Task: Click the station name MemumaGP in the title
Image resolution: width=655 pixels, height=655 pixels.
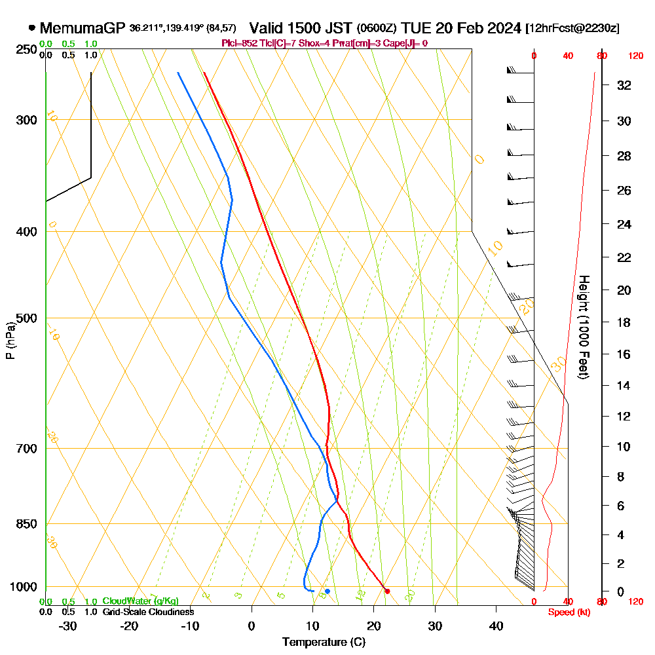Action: (82, 28)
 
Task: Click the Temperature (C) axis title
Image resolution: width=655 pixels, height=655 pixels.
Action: (324, 642)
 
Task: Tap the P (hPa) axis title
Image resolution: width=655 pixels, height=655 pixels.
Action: (10, 340)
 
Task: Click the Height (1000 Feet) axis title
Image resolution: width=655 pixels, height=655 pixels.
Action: (583, 327)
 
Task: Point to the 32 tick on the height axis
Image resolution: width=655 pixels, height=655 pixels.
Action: (624, 85)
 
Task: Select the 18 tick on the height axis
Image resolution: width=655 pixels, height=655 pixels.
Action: (624, 322)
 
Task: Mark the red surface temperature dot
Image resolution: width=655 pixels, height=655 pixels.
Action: (387, 591)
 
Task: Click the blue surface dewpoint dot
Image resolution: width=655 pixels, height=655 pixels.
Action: (327, 591)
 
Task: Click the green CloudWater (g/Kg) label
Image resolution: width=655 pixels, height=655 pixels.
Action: (140, 601)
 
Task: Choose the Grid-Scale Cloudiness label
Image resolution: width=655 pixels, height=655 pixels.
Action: (148, 612)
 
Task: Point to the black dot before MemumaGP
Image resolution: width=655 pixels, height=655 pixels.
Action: (31, 28)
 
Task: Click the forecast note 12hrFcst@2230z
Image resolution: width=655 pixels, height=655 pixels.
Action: (572, 29)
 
